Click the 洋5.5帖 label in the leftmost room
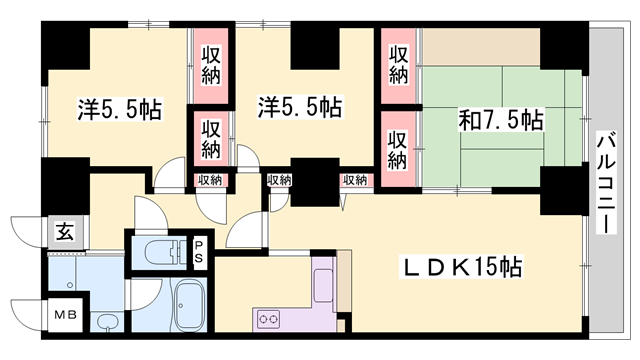click(119, 108)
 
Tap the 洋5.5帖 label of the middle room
click(298, 106)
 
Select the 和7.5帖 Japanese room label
click(500, 121)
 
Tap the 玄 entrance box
click(63, 234)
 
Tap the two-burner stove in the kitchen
click(270, 321)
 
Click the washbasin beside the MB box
click(105, 322)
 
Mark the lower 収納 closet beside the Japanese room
click(397, 147)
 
